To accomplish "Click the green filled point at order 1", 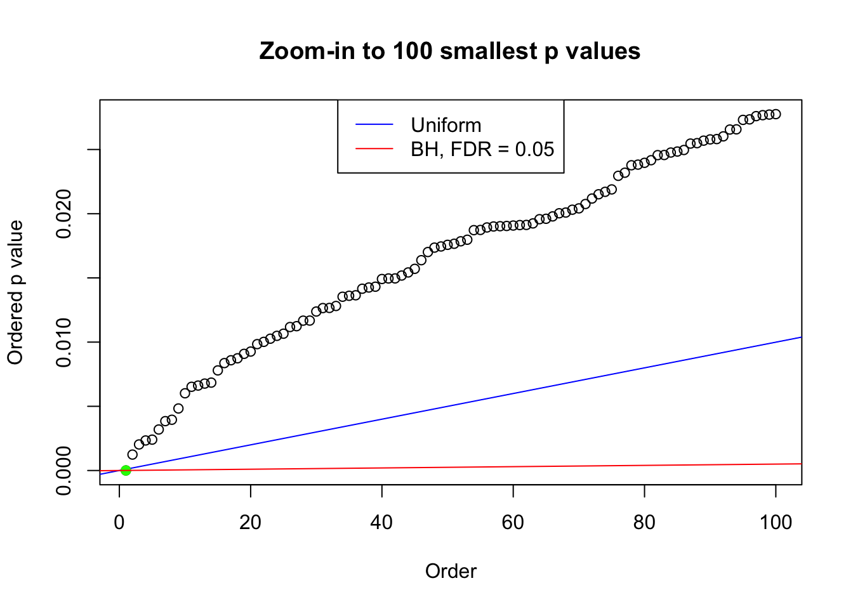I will click(126, 470).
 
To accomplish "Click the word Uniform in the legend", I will click(446, 125).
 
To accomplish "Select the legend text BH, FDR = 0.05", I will click(482, 149).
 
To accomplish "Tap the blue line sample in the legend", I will click(374, 125).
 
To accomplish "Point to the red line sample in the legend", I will click(374, 149).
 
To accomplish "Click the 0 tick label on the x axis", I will click(119, 523).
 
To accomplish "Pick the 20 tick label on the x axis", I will click(251, 523).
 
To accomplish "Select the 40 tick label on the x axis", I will click(381, 523).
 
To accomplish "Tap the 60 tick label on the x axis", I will click(513, 523).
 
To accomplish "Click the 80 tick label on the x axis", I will click(644, 523).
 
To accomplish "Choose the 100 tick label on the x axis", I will click(776, 523).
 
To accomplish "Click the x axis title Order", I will click(451, 571).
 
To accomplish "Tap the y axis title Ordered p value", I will click(15, 292).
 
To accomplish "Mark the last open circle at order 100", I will click(776, 114).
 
